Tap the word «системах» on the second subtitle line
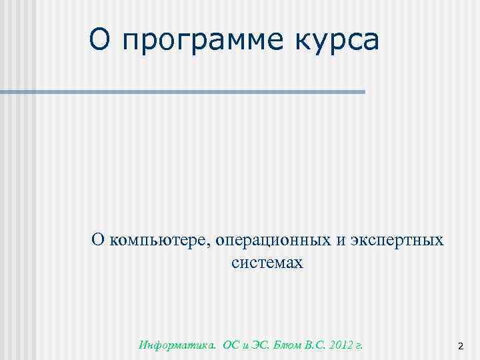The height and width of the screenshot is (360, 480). pyautogui.click(x=267, y=263)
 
